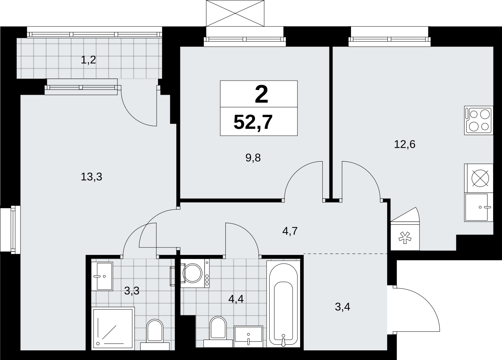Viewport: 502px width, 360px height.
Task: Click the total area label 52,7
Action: (253, 122)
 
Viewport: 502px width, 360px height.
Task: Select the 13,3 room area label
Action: (91, 177)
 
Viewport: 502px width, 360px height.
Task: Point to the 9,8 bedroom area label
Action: (253, 158)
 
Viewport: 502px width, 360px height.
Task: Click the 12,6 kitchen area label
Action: (405, 145)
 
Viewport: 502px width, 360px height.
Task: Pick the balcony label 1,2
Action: (88, 60)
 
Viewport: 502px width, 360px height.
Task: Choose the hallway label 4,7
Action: (290, 231)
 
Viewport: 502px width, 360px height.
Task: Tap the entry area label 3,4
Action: (342, 307)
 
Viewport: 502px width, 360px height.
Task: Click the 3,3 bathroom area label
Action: (132, 291)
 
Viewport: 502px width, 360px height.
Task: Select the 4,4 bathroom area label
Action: (236, 299)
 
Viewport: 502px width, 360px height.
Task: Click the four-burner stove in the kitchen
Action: (479, 120)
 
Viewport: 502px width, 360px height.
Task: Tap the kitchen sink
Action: (479, 207)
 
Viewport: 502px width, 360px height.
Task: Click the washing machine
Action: (195, 273)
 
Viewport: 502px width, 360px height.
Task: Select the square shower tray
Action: (113, 328)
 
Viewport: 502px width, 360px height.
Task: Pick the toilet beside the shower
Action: (155, 334)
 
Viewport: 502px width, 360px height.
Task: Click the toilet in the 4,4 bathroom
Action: (218, 331)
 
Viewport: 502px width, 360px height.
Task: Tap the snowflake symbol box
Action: (405, 237)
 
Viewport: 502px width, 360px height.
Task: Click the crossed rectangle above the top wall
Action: (235, 13)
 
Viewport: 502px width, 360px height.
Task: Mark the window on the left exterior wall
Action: (10, 230)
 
